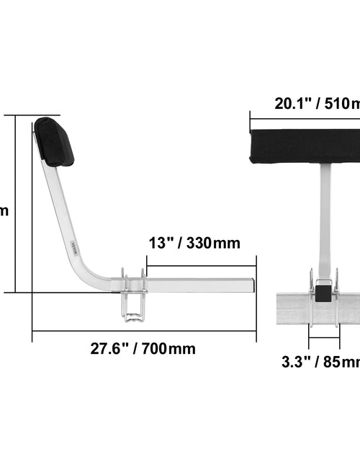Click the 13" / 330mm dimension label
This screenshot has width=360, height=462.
194,243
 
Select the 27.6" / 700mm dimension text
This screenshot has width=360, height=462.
143,349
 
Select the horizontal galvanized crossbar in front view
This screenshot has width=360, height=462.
317,308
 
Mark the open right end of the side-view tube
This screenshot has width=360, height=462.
253,283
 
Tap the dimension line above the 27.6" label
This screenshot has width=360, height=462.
144,332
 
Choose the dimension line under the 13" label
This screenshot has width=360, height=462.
202,265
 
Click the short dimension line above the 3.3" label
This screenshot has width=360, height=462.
323,335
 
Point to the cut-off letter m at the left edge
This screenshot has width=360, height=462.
4,211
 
